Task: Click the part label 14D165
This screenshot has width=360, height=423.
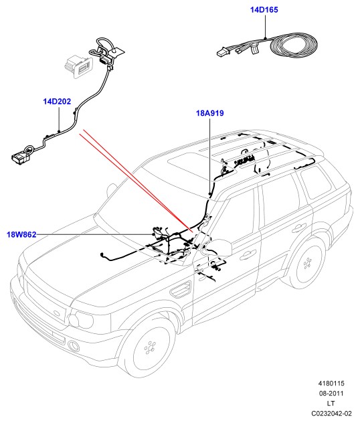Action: (264, 10)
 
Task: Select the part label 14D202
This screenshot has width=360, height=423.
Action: (57, 102)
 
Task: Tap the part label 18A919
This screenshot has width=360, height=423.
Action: (210, 113)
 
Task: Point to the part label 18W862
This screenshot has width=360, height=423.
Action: (21, 234)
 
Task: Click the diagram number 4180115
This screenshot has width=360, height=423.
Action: (331, 384)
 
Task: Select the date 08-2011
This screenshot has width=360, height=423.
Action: (331, 394)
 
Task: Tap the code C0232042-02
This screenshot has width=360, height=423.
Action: (331, 413)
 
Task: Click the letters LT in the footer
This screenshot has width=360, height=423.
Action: (331, 404)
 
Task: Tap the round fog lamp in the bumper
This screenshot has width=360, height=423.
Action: (73, 346)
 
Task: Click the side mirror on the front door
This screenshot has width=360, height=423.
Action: (219, 248)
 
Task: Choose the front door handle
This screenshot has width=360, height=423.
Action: (248, 254)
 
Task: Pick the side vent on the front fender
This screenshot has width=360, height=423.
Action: (180, 289)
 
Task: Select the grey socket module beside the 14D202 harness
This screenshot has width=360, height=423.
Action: (78, 66)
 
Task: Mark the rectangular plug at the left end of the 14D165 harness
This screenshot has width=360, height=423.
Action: (222, 52)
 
